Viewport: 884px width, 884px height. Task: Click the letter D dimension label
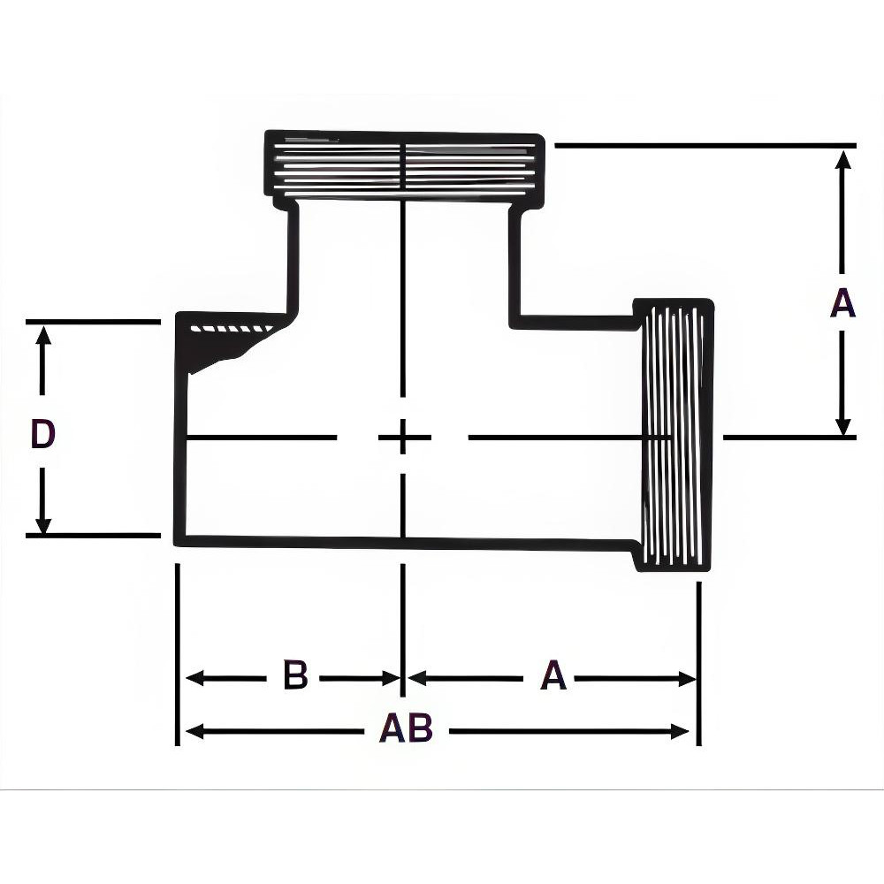tap(42, 434)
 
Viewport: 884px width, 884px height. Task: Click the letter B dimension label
tap(295, 676)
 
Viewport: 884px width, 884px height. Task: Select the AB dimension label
tap(406, 729)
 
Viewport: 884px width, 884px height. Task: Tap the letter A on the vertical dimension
tap(842, 304)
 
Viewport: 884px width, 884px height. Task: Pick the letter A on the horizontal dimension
tap(552, 677)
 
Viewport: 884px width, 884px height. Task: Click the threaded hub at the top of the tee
tap(404, 164)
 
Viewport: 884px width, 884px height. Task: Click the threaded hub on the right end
tap(674, 435)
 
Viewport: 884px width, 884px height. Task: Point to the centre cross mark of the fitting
tap(403, 437)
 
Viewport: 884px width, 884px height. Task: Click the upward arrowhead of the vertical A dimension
tap(843, 160)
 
